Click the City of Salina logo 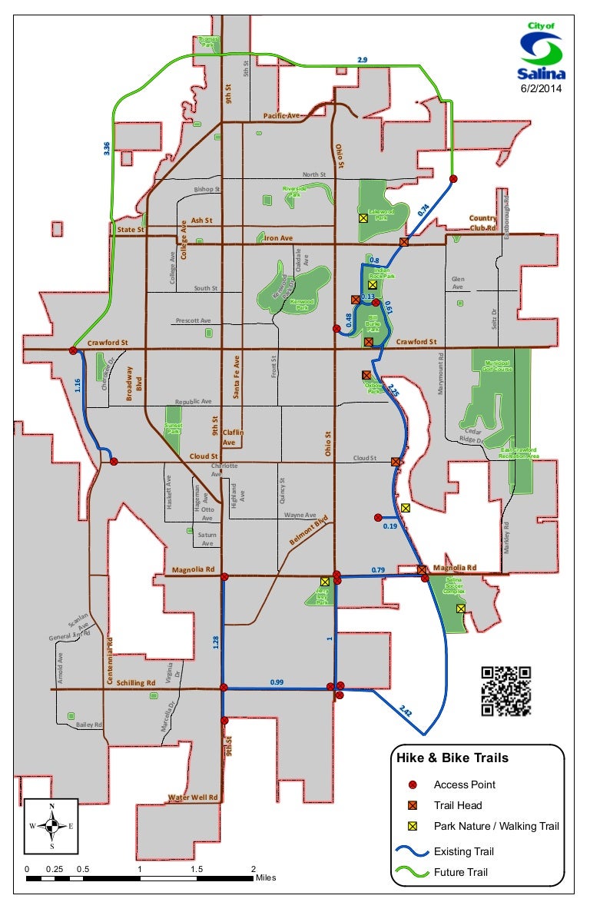coord(542,52)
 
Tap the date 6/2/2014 coord(542,89)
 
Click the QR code coord(506,691)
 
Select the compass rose coord(51,826)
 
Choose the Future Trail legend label coord(460,872)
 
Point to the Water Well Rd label coord(194,798)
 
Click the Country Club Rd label coord(483,223)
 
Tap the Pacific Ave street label coord(281,115)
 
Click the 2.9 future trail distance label coord(363,60)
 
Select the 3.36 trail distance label coord(107,147)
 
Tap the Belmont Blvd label coord(309,529)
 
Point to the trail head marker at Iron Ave coord(404,242)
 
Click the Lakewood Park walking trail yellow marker coord(363,218)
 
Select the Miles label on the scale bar coord(265,877)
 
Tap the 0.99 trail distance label coord(277,682)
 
